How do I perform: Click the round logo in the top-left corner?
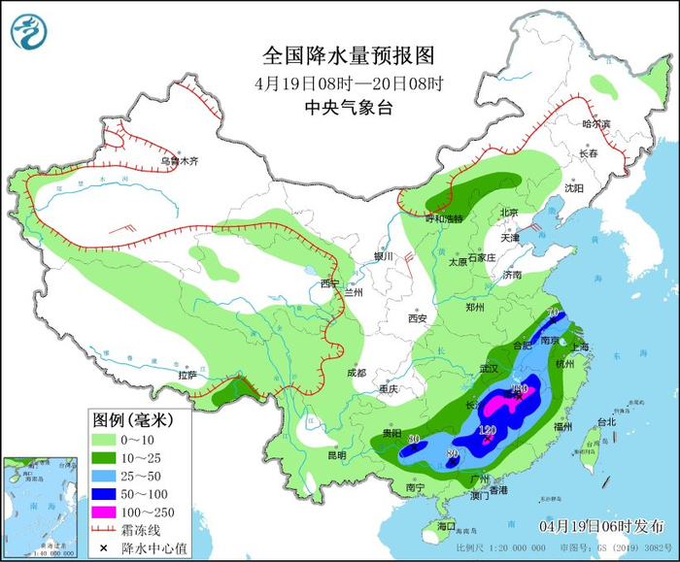point(29,31)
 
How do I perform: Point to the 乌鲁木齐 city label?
point(179,161)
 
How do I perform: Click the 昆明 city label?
point(336,454)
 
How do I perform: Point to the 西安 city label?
point(418,317)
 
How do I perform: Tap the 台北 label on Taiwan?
point(606,422)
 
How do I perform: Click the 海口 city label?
point(446,525)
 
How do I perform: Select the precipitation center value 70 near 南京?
point(553,313)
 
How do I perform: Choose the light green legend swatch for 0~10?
point(102,438)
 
